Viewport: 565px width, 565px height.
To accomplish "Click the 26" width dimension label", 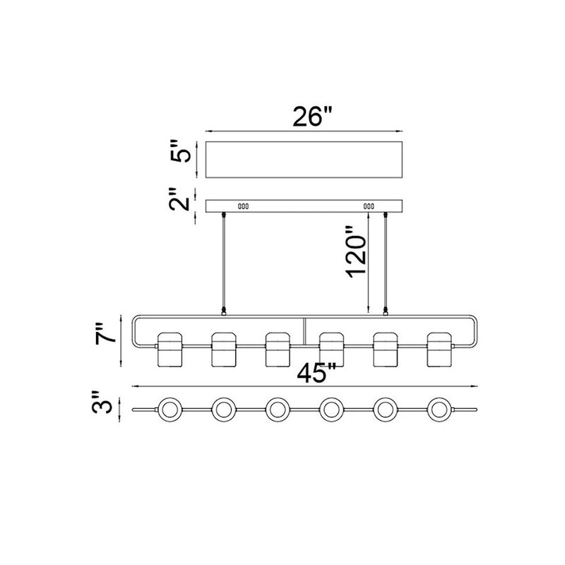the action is click(311, 116).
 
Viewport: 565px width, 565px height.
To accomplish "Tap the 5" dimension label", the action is click(181, 150).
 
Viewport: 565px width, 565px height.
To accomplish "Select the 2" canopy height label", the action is click(179, 198).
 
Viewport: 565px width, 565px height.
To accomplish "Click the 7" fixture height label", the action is click(106, 333).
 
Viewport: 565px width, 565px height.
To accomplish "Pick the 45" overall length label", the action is click(316, 373).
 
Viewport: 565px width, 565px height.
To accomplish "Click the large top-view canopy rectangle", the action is click(304, 160).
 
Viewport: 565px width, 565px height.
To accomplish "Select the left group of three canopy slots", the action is click(243, 206).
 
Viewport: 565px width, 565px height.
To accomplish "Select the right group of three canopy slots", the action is click(369, 206).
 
